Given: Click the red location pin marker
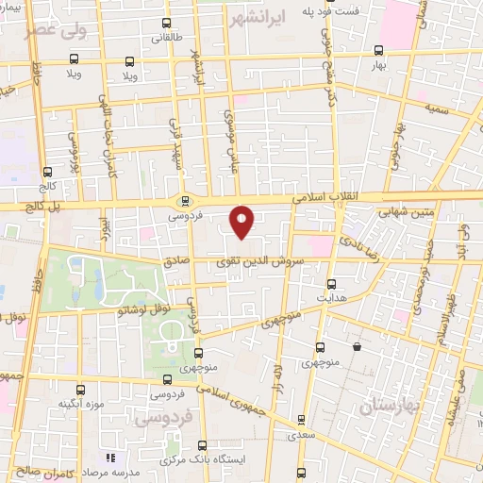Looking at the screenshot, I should [x=242, y=221].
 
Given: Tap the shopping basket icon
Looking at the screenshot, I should [x=358, y=347].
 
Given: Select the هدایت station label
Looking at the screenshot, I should [x=331, y=297].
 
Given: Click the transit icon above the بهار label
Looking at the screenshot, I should [x=378, y=50].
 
